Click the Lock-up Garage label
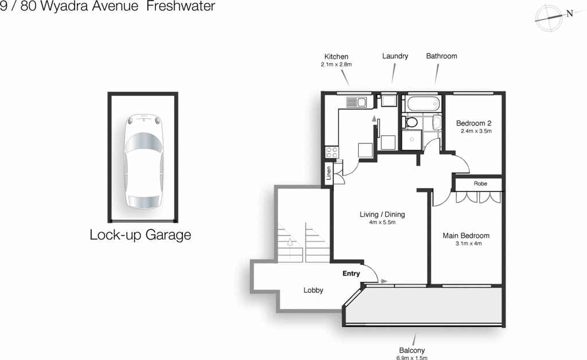click(140, 235)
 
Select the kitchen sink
click(356, 103)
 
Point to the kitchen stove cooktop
click(332, 152)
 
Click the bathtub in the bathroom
click(423, 104)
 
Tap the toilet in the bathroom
click(410, 123)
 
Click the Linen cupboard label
click(329, 173)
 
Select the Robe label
click(480, 184)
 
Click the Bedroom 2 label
click(473, 123)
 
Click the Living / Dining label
click(382, 214)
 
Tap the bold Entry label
click(351, 273)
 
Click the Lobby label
click(314, 291)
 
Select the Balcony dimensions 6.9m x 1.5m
click(412, 358)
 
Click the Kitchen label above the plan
click(336, 56)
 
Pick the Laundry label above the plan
click(395, 56)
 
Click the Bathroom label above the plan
click(441, 56)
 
